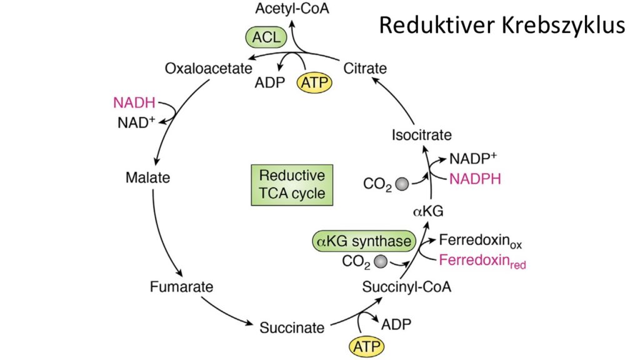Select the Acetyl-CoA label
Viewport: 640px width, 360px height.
pyautogui.click(x=292, y=9)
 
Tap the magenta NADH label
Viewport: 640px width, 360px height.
pyautogui.click(x=133, y=102)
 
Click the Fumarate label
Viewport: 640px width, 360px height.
pyautogui.click(x=181, y=287)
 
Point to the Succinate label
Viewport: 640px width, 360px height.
pyautogui.click(x=292, y=327)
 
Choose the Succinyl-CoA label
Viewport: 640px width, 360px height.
pyautogui.click(x=407, y=287)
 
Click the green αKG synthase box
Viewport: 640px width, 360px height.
pyautogui.click(x=363, y=241)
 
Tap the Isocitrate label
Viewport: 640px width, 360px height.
pyautogui.click(x=421, y=134)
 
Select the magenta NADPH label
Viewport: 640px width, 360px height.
pyautogui.click(x=476, y=179)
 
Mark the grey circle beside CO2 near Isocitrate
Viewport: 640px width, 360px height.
pyautogui.click(x=403, y=184)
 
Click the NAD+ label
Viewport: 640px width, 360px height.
pyautogui.click(x=136, y=121)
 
